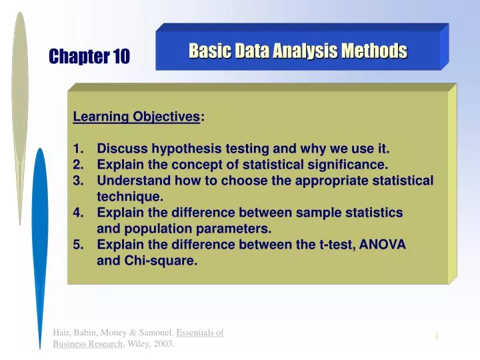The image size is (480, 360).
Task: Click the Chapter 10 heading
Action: click(89, 58)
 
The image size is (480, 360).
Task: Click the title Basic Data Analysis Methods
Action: click(297, 51)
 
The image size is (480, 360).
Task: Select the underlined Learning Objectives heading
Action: click(136, 117)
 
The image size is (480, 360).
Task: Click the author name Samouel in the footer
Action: click(150, 333)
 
